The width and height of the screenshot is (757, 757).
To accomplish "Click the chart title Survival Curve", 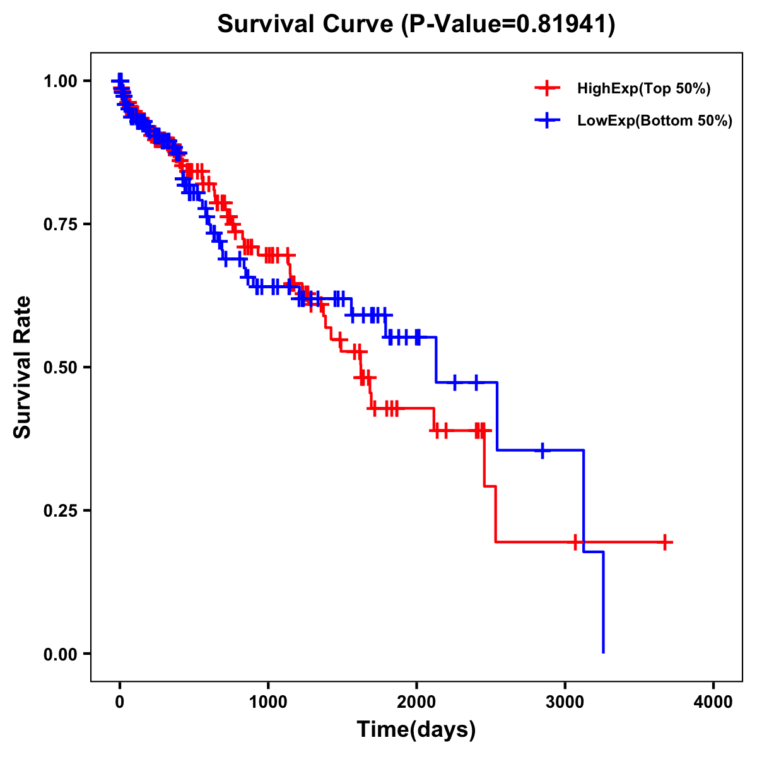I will (307, 24).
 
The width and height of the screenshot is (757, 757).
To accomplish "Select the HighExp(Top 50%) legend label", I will (643, 89).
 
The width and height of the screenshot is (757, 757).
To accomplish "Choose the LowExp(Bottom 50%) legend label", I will (655, 120).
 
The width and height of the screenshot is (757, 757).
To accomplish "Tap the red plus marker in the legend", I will (547, 88).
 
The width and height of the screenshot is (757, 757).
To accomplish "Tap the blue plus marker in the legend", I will (547, 120).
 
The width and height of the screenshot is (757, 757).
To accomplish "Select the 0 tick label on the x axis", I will (119, 702).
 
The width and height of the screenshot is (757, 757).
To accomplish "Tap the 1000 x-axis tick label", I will (268, 702).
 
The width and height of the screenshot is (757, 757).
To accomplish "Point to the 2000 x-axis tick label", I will (416, 702).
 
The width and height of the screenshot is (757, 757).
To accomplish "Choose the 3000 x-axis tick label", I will (565, 702).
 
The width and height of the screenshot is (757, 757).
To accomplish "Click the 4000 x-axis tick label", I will (713, 702).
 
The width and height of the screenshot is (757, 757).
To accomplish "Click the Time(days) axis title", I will (416, 730).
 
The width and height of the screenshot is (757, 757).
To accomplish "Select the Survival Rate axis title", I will (23, 367).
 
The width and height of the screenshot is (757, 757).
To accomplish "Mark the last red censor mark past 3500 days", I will (664, 542).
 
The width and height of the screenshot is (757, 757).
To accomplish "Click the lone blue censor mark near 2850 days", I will (543, 450).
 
